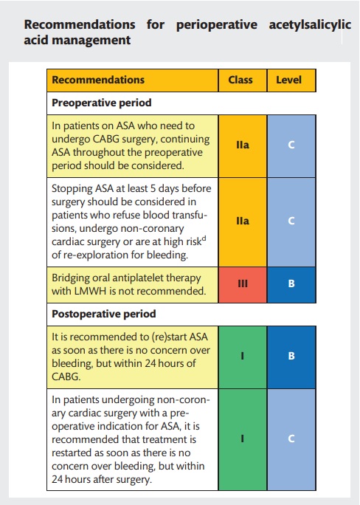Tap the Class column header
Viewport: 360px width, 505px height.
(x=241, y=80)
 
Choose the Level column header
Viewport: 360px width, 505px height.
(x=291, y=80)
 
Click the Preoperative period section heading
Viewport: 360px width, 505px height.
(x=102, y=103)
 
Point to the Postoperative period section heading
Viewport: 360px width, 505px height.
(x=105, y=313)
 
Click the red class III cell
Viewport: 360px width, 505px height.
(x=242, y=283)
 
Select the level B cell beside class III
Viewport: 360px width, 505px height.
(x=291, y=283)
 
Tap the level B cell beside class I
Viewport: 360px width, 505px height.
(x=291, y=356)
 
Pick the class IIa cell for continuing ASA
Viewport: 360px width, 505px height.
(x=242, y=145)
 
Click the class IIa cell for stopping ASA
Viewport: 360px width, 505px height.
(x=242, y=221)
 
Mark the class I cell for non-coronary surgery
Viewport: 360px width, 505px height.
(x=242, y=439)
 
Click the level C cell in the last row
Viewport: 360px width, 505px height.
(x=291, y=439)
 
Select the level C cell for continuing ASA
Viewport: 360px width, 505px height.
(x=291, y=145)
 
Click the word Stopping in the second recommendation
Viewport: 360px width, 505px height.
(x=72, y=188)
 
